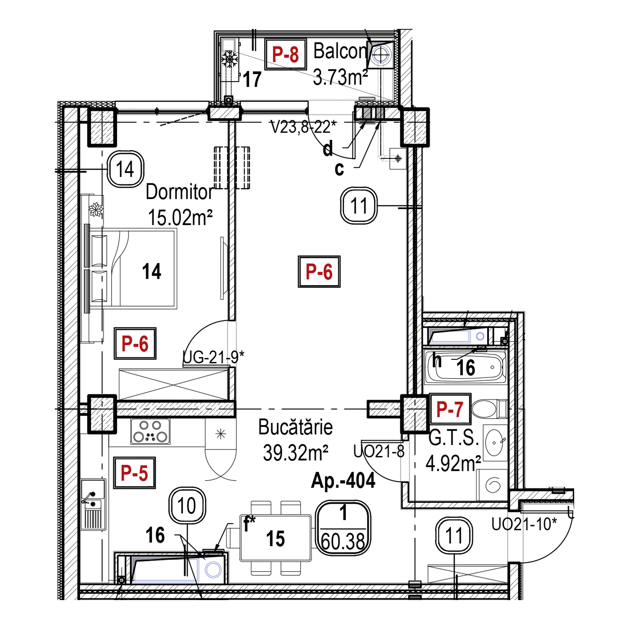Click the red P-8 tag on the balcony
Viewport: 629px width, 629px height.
(x=286, y=54)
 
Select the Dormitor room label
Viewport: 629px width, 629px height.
(x=179, y=192)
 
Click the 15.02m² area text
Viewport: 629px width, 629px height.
(x=180, y=217)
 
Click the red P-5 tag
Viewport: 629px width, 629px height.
(x=134, y=473)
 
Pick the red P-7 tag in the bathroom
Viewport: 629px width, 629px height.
(x=450, y=409)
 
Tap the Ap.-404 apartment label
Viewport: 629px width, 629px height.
(x=343, y=481)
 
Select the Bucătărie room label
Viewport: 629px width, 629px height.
(x=295, y=427)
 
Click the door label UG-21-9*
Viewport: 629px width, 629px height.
(x=213, y=358)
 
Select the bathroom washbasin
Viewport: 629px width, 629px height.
(x=495, y=443)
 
